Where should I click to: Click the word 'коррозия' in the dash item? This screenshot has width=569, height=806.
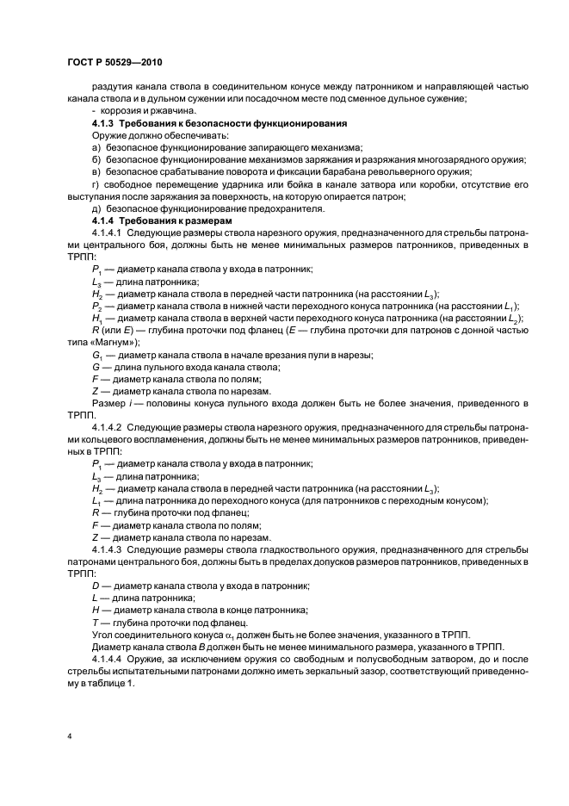(x=121, y=112)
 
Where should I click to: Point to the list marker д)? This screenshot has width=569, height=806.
(x=96, y=208)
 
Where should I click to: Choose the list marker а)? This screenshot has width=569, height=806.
(x=96, y=148)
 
